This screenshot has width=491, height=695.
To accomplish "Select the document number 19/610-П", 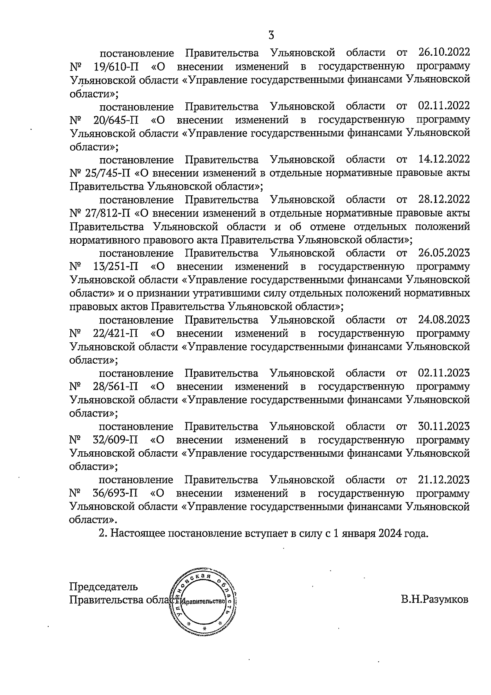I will tap(115, 66).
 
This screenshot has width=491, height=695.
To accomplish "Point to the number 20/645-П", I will tap(115, 120).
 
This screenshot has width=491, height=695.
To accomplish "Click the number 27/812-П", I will tap(108, 213).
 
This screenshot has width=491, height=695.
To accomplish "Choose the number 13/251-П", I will tap(115, 267).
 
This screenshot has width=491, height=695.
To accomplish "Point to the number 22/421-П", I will tap(115, 333).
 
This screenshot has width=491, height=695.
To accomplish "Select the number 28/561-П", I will tap(115, 387).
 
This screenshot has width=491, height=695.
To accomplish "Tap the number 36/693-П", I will tap(115, 494).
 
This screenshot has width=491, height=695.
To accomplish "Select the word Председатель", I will tap(104, 587).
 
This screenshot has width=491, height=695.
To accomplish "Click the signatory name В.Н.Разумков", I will tap(434, 600).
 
